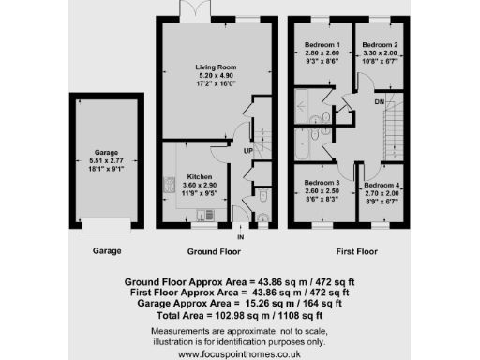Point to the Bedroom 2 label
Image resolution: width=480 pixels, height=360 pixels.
click(381, 45)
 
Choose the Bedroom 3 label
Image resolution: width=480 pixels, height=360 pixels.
click(321, 181)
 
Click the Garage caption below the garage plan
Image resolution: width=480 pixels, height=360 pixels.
click(106, 251)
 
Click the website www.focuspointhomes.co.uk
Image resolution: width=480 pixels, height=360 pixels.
click(239, 353)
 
